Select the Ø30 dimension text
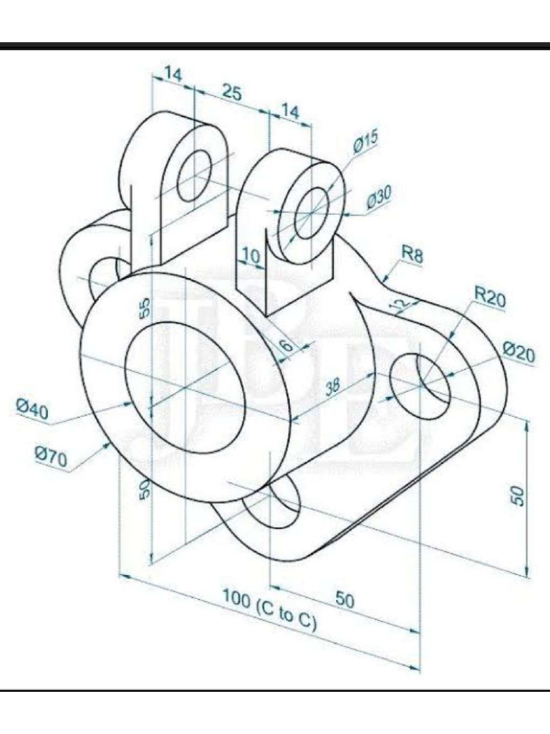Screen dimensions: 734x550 coord(379,196)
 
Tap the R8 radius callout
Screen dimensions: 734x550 coord(412,254)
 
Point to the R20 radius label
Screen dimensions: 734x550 coord(490,296)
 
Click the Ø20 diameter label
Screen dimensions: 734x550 coord(518,351)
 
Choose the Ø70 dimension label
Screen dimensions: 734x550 coord(51,455)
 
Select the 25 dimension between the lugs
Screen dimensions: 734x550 coord(231,93)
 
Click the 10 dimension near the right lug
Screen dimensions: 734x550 coord(250,255)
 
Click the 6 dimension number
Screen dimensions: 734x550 coord(286,345)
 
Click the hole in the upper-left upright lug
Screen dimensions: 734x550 coord(194,175)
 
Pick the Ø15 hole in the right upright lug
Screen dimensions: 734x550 coord(309,211)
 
